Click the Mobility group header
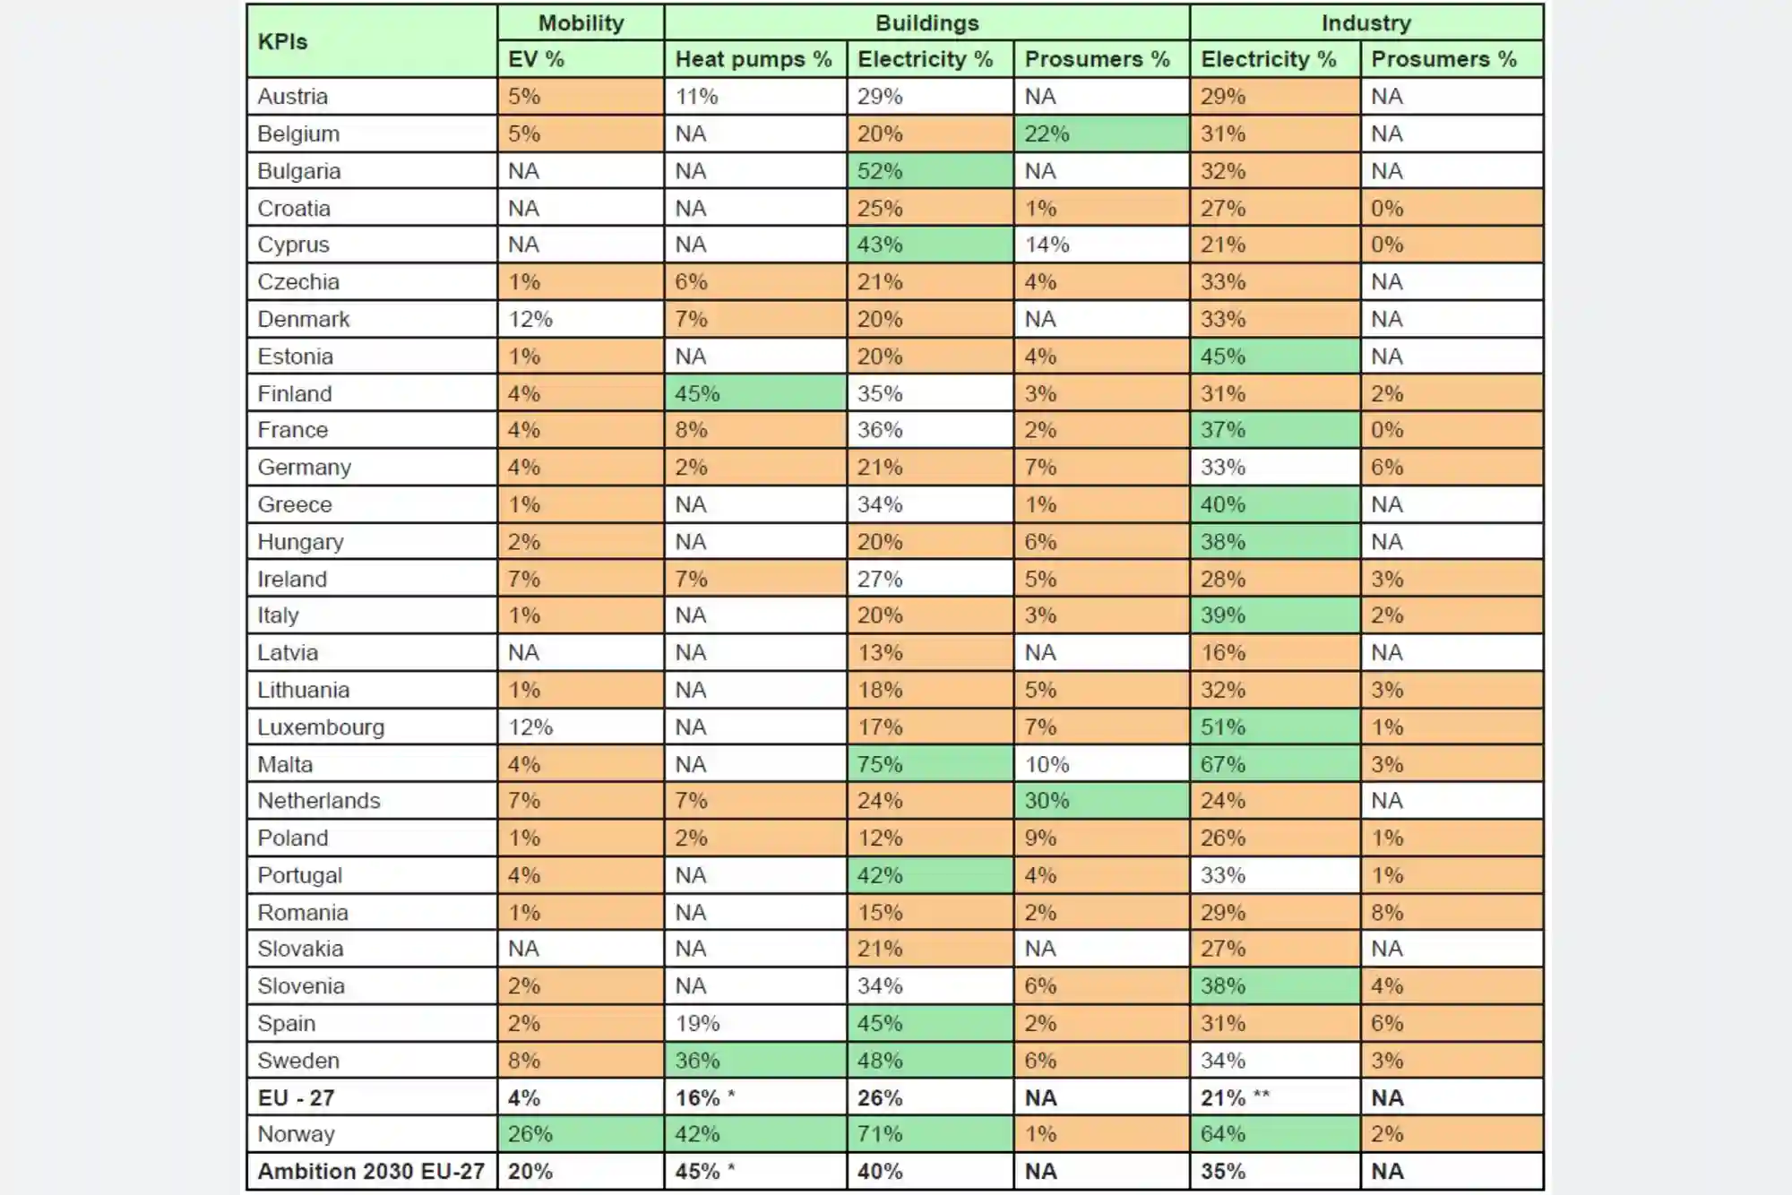click(581, 23)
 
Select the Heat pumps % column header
click(754, 59)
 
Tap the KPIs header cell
click(372, 41)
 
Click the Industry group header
click(1366, 23)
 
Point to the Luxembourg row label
click(321, 727)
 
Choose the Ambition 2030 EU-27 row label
click(371, 1172)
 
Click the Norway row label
click(296, 1134)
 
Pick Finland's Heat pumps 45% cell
click(754, 393)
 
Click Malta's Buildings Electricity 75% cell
click(929, 764)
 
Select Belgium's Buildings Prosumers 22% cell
click(1101, 133)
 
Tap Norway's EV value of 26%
click(580, 1134)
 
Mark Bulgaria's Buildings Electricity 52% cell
click(929, 171)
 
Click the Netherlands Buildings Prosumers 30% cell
click(1101, 801)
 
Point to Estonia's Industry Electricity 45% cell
click(1274, 357)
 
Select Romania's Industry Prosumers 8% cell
click(1451, 913)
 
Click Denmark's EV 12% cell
click(580, 319)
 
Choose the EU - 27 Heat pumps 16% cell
click(754, 1097)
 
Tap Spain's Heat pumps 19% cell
click(754, 1023)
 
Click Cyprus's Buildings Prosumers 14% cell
click(1101, 245)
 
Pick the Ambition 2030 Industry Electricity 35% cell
click(1274, 1172)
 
